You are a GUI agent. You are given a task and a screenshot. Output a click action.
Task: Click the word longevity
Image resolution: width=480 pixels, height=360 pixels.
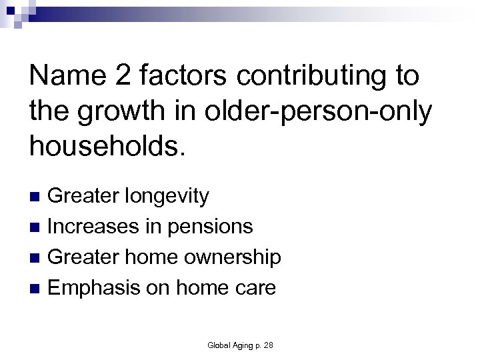click(x=167, y=197)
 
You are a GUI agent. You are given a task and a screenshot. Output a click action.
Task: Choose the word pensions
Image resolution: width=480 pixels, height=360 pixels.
click(x=210, y=227)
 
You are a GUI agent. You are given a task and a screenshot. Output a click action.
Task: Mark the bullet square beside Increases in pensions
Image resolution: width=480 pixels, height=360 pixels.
click(x=37, y=227)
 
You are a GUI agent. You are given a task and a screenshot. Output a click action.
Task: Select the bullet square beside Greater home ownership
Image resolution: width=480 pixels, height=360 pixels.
click(x=37, y=257)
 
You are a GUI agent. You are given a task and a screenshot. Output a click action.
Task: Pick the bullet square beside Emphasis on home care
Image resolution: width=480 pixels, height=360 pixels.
click(x=37, y=287)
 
